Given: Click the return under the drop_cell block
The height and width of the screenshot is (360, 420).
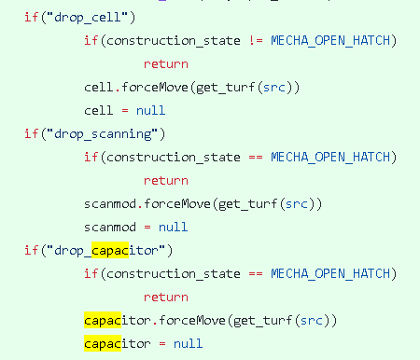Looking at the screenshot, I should (166, 64).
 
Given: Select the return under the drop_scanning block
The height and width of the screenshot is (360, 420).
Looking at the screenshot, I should (166, 180).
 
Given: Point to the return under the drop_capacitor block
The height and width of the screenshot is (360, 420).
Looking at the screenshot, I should (166, 297).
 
